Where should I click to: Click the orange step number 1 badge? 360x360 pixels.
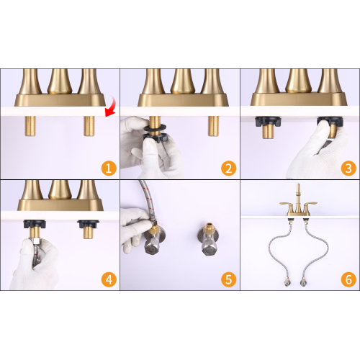109,168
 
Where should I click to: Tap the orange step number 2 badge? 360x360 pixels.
229,168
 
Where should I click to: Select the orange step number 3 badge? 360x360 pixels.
348,168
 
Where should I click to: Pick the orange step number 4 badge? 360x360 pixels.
109,279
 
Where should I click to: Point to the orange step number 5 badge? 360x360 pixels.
229,279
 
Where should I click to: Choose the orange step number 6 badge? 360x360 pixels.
348,279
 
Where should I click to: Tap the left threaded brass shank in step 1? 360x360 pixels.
30,126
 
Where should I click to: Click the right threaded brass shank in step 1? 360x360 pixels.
89,126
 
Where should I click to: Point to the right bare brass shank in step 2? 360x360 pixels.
213,126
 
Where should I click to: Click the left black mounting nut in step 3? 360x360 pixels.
268,122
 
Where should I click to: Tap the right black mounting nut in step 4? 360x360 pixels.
89,225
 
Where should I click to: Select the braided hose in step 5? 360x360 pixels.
147,202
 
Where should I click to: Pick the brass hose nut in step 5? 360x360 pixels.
153,230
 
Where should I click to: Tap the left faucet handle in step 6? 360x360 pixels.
287,205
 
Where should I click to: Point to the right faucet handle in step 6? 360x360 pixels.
311,205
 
